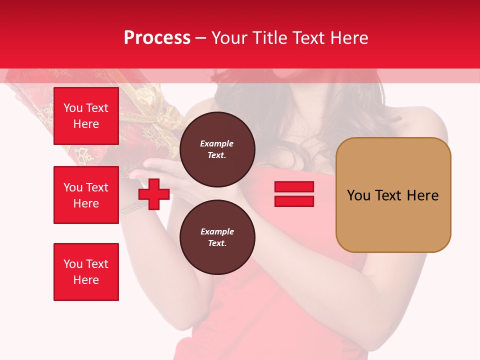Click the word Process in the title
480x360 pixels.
tap(157, 38)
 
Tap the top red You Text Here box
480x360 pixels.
tap(86, 116)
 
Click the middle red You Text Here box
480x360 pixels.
tap(86, 195)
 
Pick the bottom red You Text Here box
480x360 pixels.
tap(86, 272)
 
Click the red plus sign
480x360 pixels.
tap(154, 194)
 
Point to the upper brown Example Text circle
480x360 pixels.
tap(217, 149)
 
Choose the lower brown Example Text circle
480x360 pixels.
tap(217, 237)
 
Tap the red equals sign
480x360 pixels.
tap(294, 194)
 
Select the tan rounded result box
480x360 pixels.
tap(393, 195)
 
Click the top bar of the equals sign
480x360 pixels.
tap(294, 186)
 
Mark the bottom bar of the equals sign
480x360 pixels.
tap(294, 201)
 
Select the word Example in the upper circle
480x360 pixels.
tap(217, 143)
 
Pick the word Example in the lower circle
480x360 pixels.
tap(217, 231)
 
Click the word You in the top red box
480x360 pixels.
tap(73, 108)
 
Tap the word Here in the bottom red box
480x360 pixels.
tap(86, 280)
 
